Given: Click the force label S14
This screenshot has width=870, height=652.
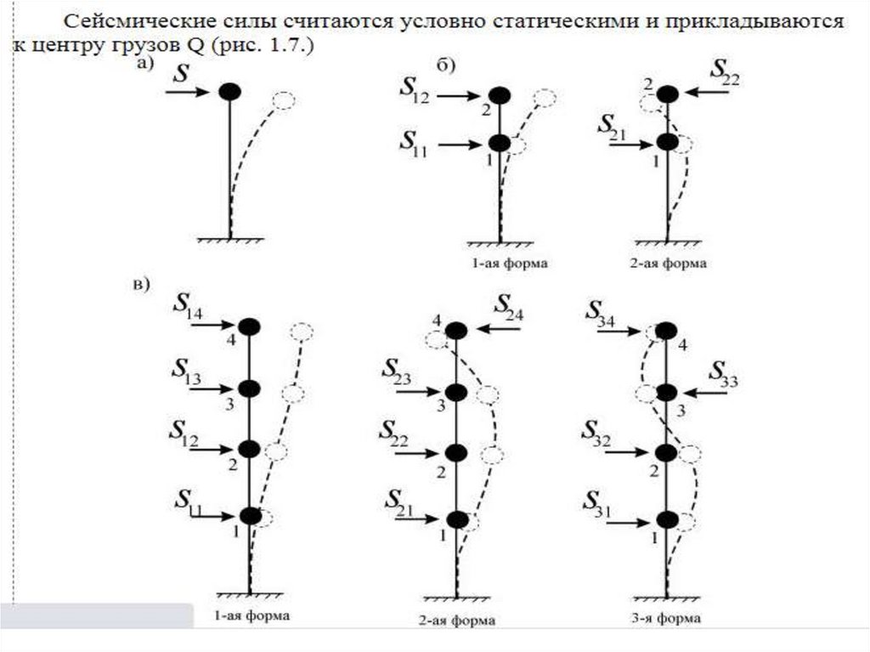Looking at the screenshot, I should pos(188,307).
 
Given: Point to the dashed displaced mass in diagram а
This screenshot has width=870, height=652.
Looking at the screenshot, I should pos(283,101).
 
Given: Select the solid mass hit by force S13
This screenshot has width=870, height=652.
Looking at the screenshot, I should pos(248,388).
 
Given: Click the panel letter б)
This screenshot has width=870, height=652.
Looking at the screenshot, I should pos(446,65).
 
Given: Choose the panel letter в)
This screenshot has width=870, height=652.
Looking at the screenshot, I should pos(140,285).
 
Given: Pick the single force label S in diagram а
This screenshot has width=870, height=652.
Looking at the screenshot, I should pos(180,73).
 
